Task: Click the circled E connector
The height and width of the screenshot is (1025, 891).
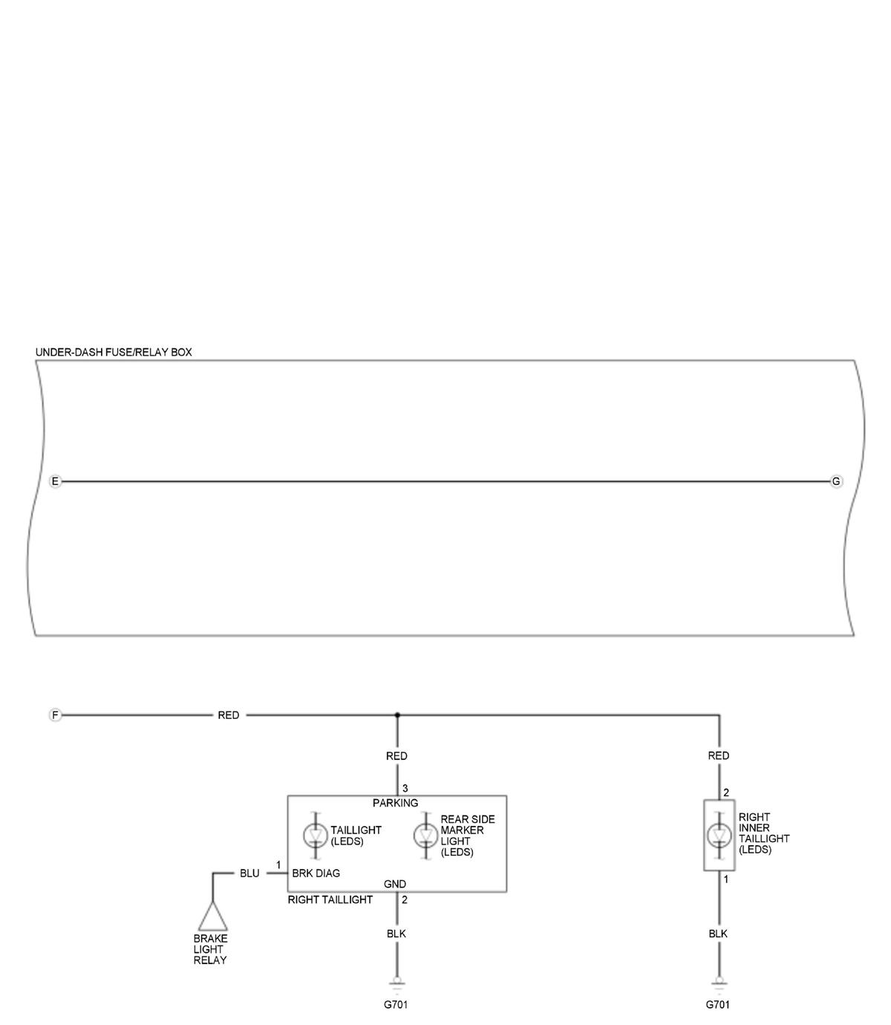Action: click(55, 481)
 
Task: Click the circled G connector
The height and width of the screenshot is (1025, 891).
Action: click(836, 481)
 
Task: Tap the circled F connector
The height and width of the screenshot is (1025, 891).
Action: click(55, 715)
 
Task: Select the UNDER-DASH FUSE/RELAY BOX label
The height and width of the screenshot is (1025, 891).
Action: click(114, 352)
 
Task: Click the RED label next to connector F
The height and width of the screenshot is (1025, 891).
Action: click(229, 715)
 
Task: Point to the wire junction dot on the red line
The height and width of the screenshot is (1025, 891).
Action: click(397, 715)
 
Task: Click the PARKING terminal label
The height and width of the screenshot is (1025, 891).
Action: click(395, 803)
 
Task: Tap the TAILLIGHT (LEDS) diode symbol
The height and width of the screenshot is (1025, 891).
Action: click(316, 835)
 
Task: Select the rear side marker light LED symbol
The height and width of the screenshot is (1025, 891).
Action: click(425, 835)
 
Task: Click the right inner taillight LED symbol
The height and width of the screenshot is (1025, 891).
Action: click(719, 835)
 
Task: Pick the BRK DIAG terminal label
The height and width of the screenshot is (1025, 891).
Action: click(316, 873)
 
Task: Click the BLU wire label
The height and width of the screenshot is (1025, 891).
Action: click(249, 873)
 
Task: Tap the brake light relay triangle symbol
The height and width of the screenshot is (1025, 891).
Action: click(212, 916)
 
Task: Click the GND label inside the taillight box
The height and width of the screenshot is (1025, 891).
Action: click(395, 884)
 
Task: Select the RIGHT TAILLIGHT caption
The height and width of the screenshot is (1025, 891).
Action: click(330, 899)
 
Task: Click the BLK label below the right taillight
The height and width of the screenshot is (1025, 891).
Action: click(396, 934)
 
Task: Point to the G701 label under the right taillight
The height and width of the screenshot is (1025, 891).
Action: click(396, 1004)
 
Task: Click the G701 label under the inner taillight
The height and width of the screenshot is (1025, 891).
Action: click(718, 1004)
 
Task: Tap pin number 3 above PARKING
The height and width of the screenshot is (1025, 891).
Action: click(405, 789)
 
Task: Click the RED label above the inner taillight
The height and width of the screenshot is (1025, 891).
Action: click(718, 755)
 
